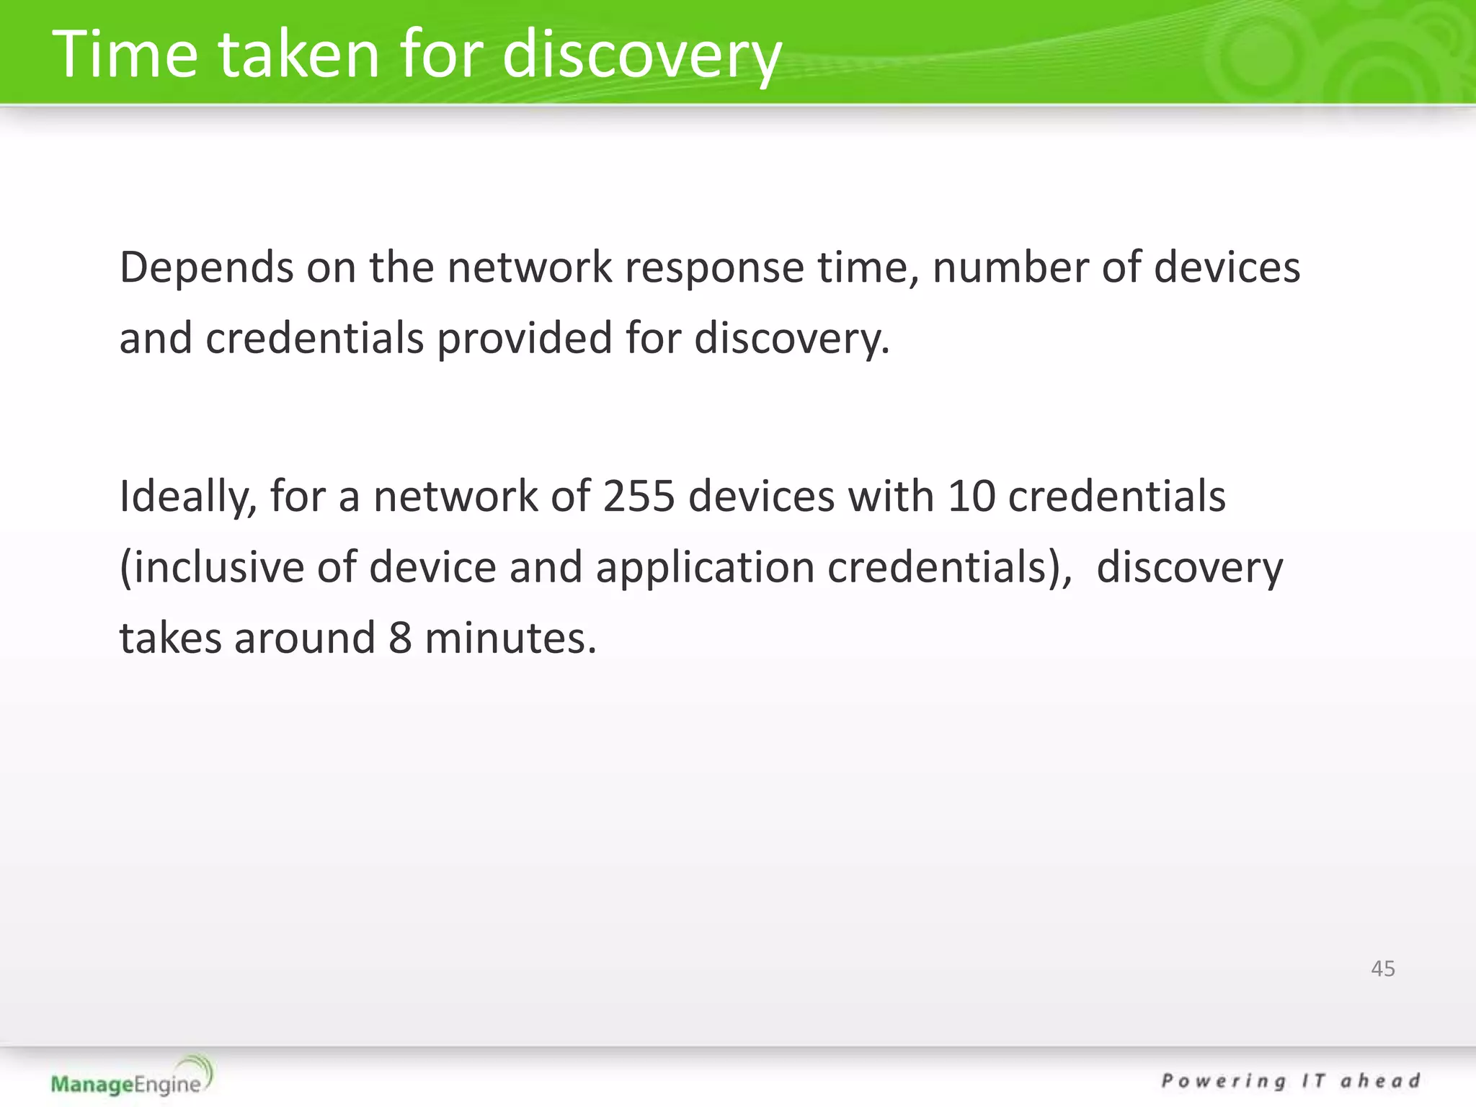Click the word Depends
click(x=206, y=267)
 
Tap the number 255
click(x=639, y=497)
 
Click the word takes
click(x=170, y=639)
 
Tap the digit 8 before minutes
click(x=400, y=639)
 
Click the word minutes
click(x=510, y=639)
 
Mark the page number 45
click(x=1382, y=969)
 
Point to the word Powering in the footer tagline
click(x=1223, y=1082)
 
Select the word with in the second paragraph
click(x=891, y=497)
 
